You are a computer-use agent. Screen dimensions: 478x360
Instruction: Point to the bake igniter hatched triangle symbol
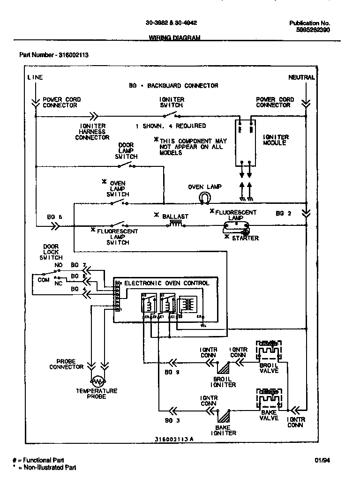(x=224, y=415)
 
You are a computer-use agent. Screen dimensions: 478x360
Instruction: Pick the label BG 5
(x=54, y=217)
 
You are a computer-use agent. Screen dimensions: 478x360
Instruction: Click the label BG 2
(x=283, y=213)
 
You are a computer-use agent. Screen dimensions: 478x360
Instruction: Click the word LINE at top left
(x=35, y=77)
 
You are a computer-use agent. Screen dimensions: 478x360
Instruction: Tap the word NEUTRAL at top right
(x=301, y=77)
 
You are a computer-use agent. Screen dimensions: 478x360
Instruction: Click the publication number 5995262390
(x=313, y=29)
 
